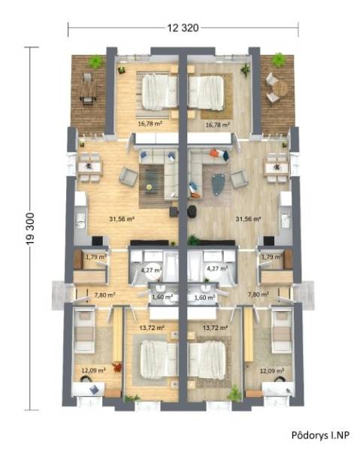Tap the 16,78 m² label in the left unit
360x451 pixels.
pyautogui.click(x=150, y=125)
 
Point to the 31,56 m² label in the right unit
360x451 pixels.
pyautogui.click(x=247, y=219)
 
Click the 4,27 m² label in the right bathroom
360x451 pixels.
pyautogui.click(x=216, y=268)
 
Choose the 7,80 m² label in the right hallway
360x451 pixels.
pyautogui.click(x=259, y=295)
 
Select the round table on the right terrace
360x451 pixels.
pyautogui.click(x=279, y=88)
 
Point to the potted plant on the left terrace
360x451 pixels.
pyautogui.click(x=95, y=62)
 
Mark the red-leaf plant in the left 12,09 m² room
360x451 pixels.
pyautogui.click(x=116, y=368)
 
